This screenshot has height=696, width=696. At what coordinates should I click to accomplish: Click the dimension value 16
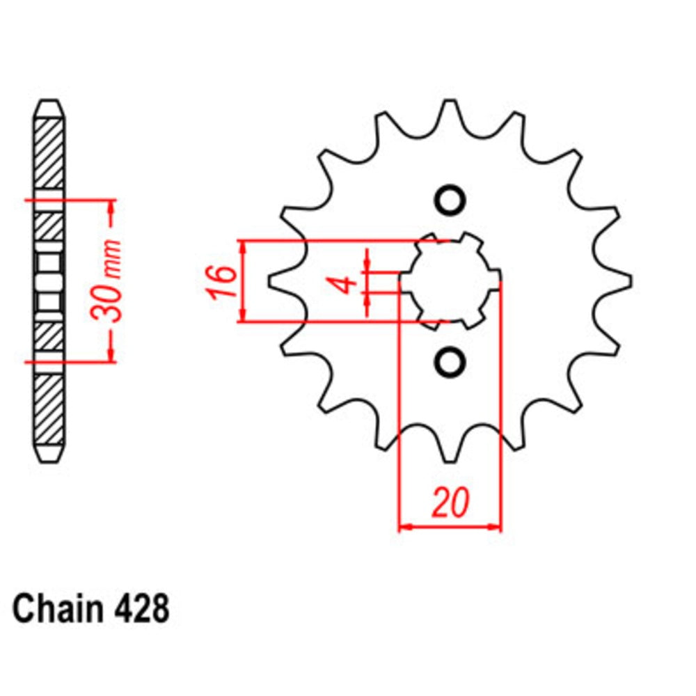coord(221,282)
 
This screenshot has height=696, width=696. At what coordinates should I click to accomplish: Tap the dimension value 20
coord(449,503)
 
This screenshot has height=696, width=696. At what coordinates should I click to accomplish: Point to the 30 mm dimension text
coord(111,281)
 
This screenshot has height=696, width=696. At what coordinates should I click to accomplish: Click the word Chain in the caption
coord(56,609)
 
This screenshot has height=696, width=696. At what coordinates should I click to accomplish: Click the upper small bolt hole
coord(450,200)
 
